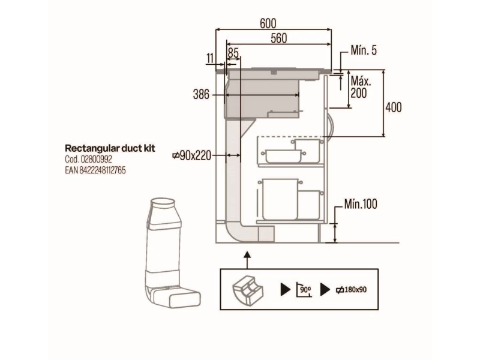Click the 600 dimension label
(268, 23)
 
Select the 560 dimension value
(279, 38)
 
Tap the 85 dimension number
(233, 53)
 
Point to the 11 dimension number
(210, 58)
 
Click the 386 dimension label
(201, 94)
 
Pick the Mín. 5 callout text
(364, 50)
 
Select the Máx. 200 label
(361, 87)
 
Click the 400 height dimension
(394, 107)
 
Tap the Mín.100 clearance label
(361, 204)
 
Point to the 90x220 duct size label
(192, 156)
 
